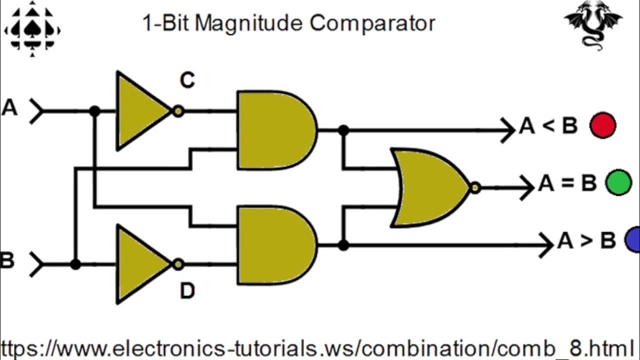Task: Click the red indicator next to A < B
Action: pos(602,125)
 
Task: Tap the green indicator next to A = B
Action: pos(618,182)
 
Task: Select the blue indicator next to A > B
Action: pos(633,240)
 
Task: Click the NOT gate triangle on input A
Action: pos(140,111)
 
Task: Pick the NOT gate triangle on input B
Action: pos(140,264)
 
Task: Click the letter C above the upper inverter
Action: pos(187,80)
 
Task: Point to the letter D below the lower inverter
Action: pos(187,291)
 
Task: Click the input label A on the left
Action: pos(9,108)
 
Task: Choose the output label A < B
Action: pos(548,126)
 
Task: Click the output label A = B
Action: pos(567,183)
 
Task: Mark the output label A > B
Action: pos(586,241)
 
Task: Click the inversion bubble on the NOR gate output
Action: pos(475,188)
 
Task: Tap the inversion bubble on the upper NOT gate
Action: pos(178,111)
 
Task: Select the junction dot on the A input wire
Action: pos(94,111)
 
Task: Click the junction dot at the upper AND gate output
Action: pos(343,130)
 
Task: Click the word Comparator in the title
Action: pos(372,23)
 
